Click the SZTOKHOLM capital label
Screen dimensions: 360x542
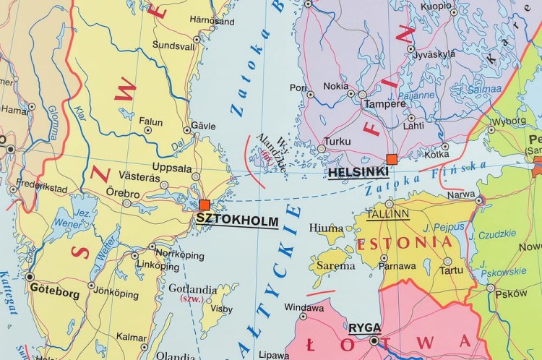tap(238, 221)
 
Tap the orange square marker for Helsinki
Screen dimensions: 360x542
tap(392, 159)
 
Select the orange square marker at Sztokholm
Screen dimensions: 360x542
tap(205, 205)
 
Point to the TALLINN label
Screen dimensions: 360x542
tap(387, 215)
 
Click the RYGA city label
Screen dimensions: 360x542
tap(365, 327)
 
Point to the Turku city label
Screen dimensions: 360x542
tap(337, 141)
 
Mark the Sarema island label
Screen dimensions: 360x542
tap(331, 265)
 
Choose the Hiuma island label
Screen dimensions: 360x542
tap(325, 228)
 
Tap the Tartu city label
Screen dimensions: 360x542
tap(452, 270)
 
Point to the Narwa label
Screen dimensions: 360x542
tap(462, 194)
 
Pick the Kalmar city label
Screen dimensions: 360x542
tap(131, 337)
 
